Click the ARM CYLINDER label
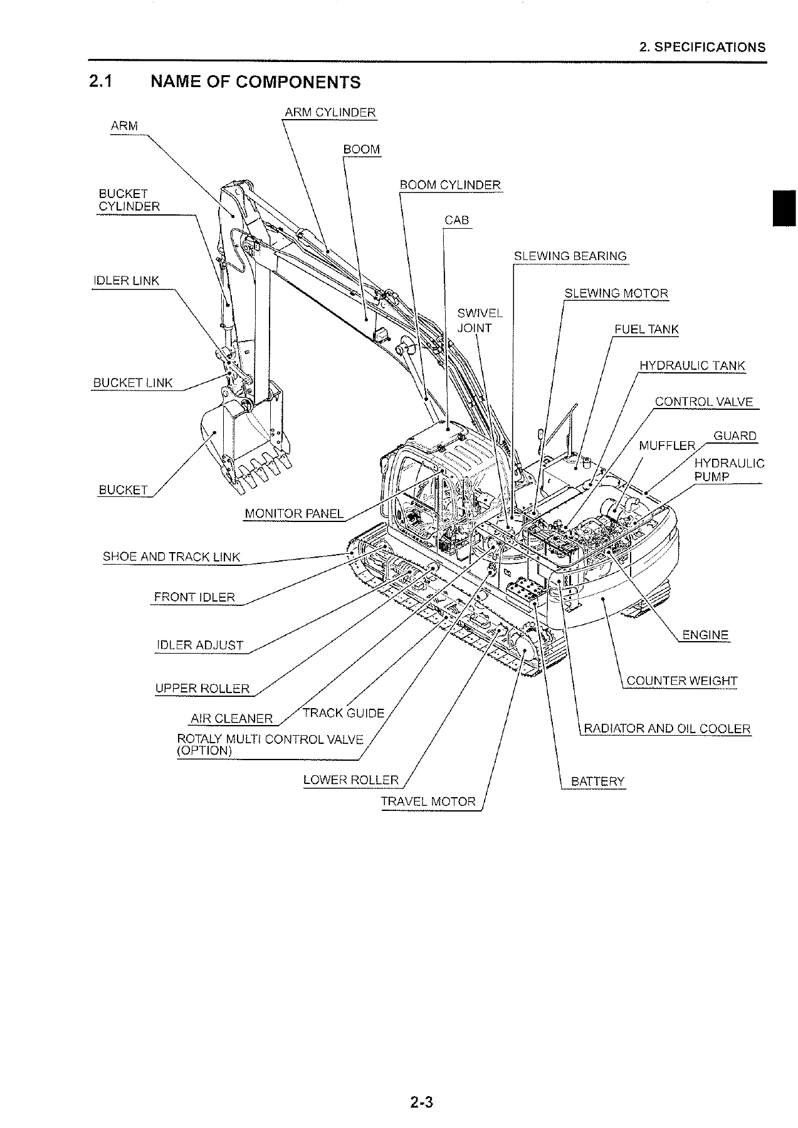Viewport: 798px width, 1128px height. click(x=330, y=113)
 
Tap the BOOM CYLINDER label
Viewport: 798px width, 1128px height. click(x=451, y=185)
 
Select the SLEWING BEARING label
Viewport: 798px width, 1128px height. click(x=570, y=256)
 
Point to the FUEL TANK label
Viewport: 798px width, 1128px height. click(x=647, y=330)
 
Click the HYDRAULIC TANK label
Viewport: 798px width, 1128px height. click(x=693, y=366)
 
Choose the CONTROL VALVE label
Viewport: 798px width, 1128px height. click(x=704, y=402)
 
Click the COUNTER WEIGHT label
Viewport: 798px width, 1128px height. click(x=682, y=681)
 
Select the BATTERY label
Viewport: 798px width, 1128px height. click(x=598, y=781)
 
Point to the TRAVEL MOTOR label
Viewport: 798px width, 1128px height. click(x=429, y=802)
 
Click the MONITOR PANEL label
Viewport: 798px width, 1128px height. click(x=294, y=514)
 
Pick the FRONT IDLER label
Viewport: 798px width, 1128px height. click(x=194, y=597)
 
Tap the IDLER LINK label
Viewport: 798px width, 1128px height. click(x=126, y=281)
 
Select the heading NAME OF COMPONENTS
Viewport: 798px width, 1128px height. click(x=256, y=82)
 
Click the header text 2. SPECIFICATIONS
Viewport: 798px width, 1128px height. click(x=703, y=48)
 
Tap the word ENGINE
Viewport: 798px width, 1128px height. click(x=705, y=635)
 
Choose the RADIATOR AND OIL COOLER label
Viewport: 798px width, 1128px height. click(x=667, y=729)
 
